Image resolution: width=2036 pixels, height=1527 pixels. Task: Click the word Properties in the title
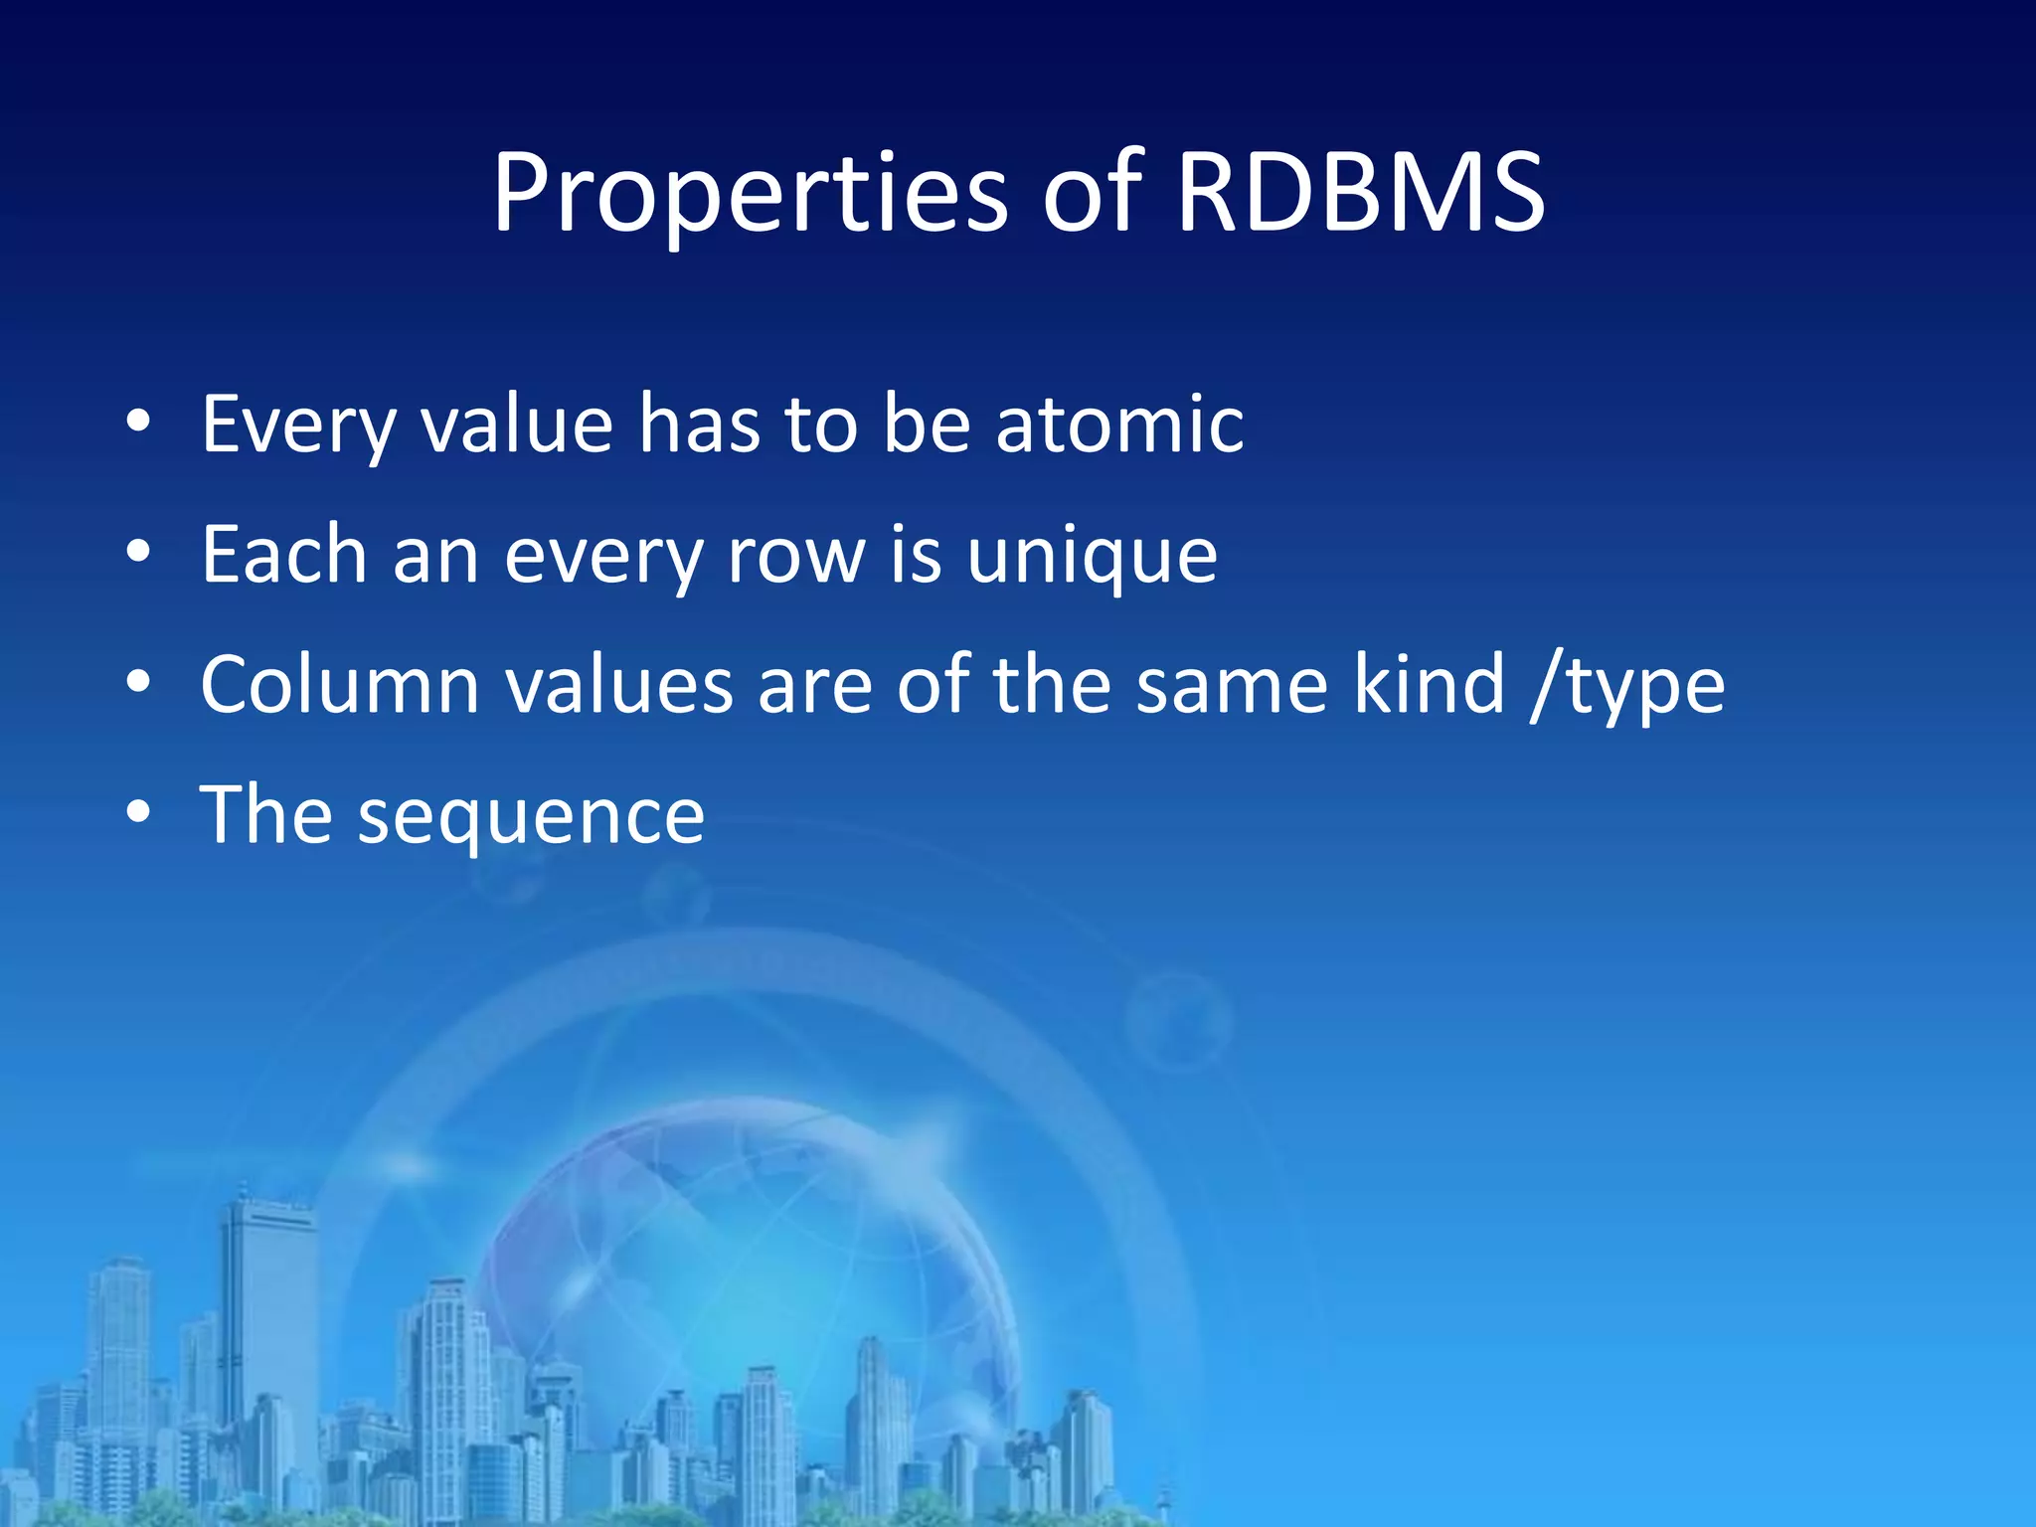(x=751, y=196)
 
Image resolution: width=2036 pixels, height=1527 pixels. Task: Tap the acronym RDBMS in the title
(x=1359, y=194)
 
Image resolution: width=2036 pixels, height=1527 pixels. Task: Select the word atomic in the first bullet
(x=1119, y=424)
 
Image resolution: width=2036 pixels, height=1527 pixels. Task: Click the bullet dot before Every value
(x=139, y=423)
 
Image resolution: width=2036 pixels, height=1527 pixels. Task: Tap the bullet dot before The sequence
(x=139, y=813)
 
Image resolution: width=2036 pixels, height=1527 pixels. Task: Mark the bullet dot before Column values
(x=139, y=683)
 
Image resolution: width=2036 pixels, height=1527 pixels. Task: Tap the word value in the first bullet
(x=516, y=425)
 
